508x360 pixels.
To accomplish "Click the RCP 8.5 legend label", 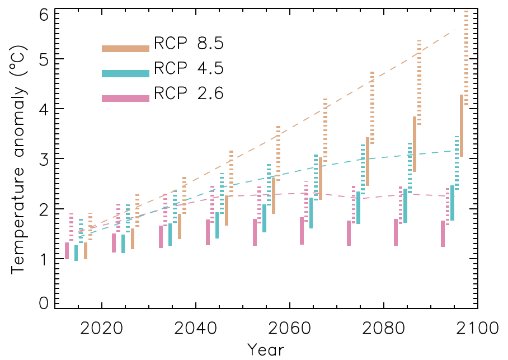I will tap(189, 43).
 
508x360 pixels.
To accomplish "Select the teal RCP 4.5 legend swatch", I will tap(125, 73).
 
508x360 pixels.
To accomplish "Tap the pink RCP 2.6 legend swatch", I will tap(125, 98).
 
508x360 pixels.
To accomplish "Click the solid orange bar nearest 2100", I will tap(462, 126).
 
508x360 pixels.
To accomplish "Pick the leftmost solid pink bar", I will tap(67, 251).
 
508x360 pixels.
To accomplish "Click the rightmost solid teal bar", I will tap(452, 203).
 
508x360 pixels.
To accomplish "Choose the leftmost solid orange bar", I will tap(86, 251).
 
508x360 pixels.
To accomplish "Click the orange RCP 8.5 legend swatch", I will tap(125, 49).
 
